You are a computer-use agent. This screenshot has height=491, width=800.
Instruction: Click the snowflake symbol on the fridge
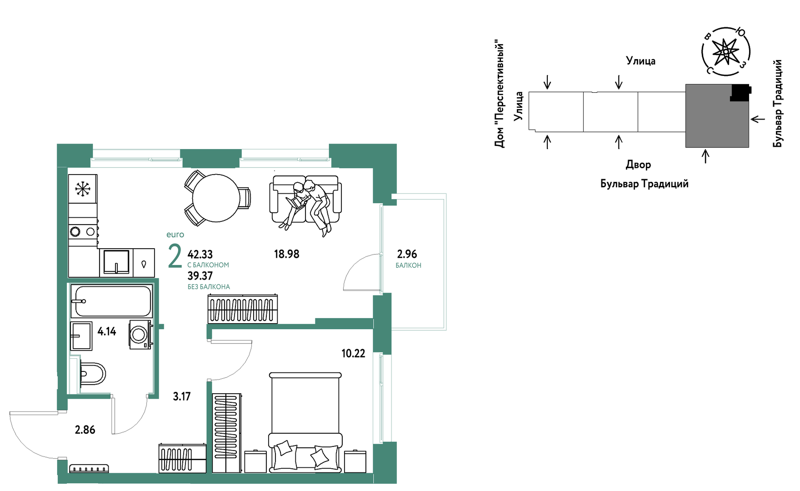click(x=83, y=189)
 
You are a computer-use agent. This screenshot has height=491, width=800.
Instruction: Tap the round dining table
click(x=216, y=198)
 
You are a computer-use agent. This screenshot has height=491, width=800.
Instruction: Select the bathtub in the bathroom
click(x=111, y=301)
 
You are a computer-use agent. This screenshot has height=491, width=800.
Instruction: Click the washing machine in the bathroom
click(x=140, y=335)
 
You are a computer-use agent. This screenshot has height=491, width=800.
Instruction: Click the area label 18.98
click(x=286, y=254)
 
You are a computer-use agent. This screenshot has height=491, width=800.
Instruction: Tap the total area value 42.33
click(x=200, y=254)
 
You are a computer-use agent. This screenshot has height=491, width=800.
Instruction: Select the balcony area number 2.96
click(x=407, y=254)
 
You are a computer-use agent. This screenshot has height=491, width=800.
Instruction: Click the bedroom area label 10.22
click(x=353, y=353)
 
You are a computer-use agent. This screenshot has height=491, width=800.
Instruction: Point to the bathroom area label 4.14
click(x=107, y=331)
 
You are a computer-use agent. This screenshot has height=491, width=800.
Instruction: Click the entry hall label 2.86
click(x=85, y=430)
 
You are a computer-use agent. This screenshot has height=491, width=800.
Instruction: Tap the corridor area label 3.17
click(x=182, y=396)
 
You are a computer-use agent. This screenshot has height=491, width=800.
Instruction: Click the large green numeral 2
click(x=175, y=256)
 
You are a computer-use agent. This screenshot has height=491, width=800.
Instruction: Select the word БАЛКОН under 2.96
click(x=408, y=266)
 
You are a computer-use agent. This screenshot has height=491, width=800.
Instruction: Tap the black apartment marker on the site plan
click(x=740, y=92)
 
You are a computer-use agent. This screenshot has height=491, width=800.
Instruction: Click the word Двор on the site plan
click(x=638, y=165)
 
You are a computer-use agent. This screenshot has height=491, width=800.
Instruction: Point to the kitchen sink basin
click(x=116, y=262)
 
